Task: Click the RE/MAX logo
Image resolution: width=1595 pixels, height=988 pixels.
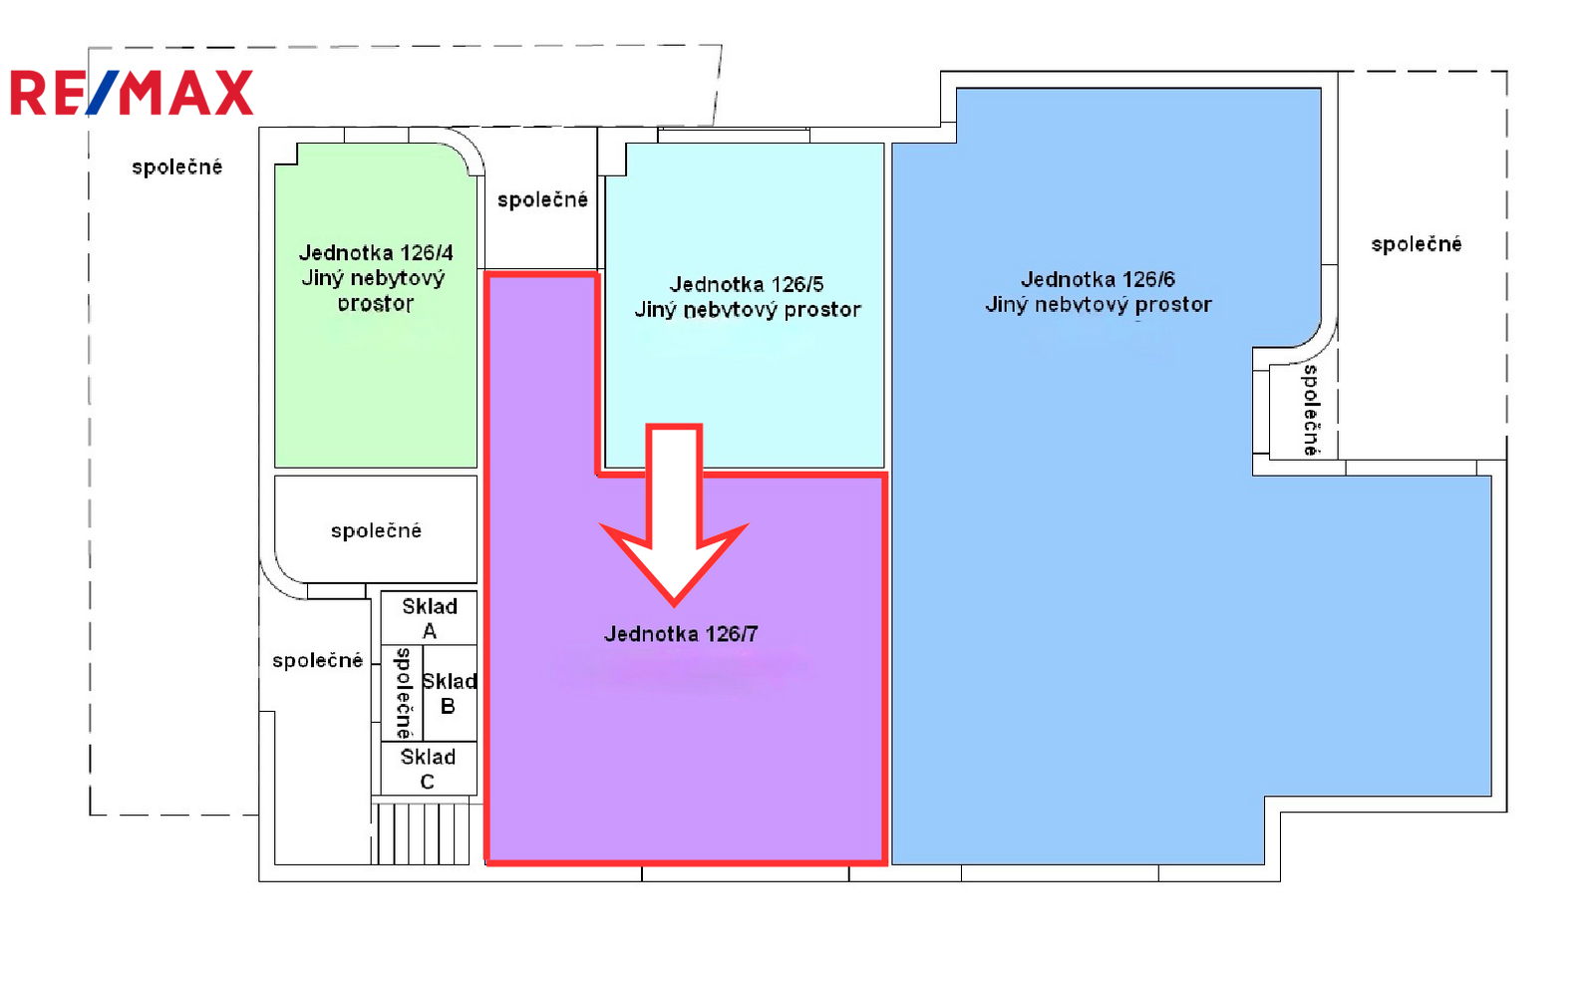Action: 132,93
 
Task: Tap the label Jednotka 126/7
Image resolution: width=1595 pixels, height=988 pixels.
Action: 681,634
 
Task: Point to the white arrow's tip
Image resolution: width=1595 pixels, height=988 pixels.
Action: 674,605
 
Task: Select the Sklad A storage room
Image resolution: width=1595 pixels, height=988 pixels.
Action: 429,618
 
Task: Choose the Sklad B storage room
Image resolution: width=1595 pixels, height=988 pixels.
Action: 450,693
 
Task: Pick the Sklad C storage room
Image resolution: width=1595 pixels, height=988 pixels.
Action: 429,769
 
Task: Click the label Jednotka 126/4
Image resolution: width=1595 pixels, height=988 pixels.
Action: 376,253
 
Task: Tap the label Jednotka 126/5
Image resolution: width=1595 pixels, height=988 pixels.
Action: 747,285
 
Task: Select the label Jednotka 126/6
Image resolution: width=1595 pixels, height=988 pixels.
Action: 1098,279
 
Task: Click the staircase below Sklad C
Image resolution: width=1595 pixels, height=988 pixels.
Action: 423,833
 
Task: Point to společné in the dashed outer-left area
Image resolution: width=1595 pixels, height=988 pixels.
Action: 177,167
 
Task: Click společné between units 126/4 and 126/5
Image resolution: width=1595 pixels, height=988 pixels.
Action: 542,200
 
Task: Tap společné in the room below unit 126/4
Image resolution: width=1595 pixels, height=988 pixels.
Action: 376,530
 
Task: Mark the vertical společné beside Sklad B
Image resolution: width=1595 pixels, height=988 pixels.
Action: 404,693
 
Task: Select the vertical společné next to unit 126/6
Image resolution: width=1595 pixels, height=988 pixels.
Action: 1311,411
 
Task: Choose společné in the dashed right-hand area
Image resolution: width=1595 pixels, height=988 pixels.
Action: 1417,244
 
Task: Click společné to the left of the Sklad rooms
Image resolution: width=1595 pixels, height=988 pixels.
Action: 318,661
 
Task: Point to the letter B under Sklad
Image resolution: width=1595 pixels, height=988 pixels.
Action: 448,707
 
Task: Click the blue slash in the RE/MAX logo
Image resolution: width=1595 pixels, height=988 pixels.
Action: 102,93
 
